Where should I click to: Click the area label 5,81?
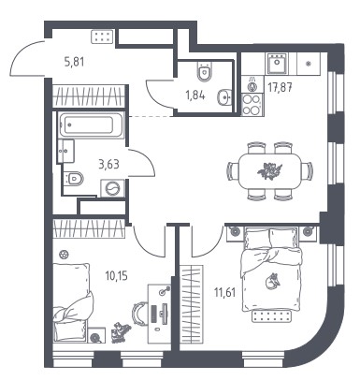pyautogui.click(x=74, y=62)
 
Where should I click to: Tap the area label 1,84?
pyautogui.click(x=195, y=95)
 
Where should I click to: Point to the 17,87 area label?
pyautogui.click(x=280, y=88)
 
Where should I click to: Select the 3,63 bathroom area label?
pyautogui.click(x=108, y=164)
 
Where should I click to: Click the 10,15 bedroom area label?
pyautogui.click(x=117, y=276)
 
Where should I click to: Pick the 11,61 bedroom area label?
pyautogui.click(x=224, y=293)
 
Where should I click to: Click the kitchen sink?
pyautogui.click(x=277, y=64)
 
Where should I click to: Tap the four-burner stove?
pyautogui.click(x=252, y=105)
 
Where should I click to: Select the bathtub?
pyautogui.click(x=92, y=125)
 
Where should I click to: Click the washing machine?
pyautogui.click(x=112, y=188)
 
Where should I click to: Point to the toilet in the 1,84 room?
pyautogui.click(x=204, y=71)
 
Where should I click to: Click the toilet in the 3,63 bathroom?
pyautogui.click(x=74, y=179)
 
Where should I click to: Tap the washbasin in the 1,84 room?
pyautogui.click(x=224, y=96)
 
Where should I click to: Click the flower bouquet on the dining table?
pyautogui.click(x=269, y=170)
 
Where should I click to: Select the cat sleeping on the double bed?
pyautogui.click(x=272, y=281)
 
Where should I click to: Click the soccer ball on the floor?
pyautogui.click(x=64, y=255)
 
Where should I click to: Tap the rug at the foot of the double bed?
pyautogui.click(x=271, y=316)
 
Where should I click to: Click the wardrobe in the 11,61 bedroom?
pyautogui.click(x=192, y=304)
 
